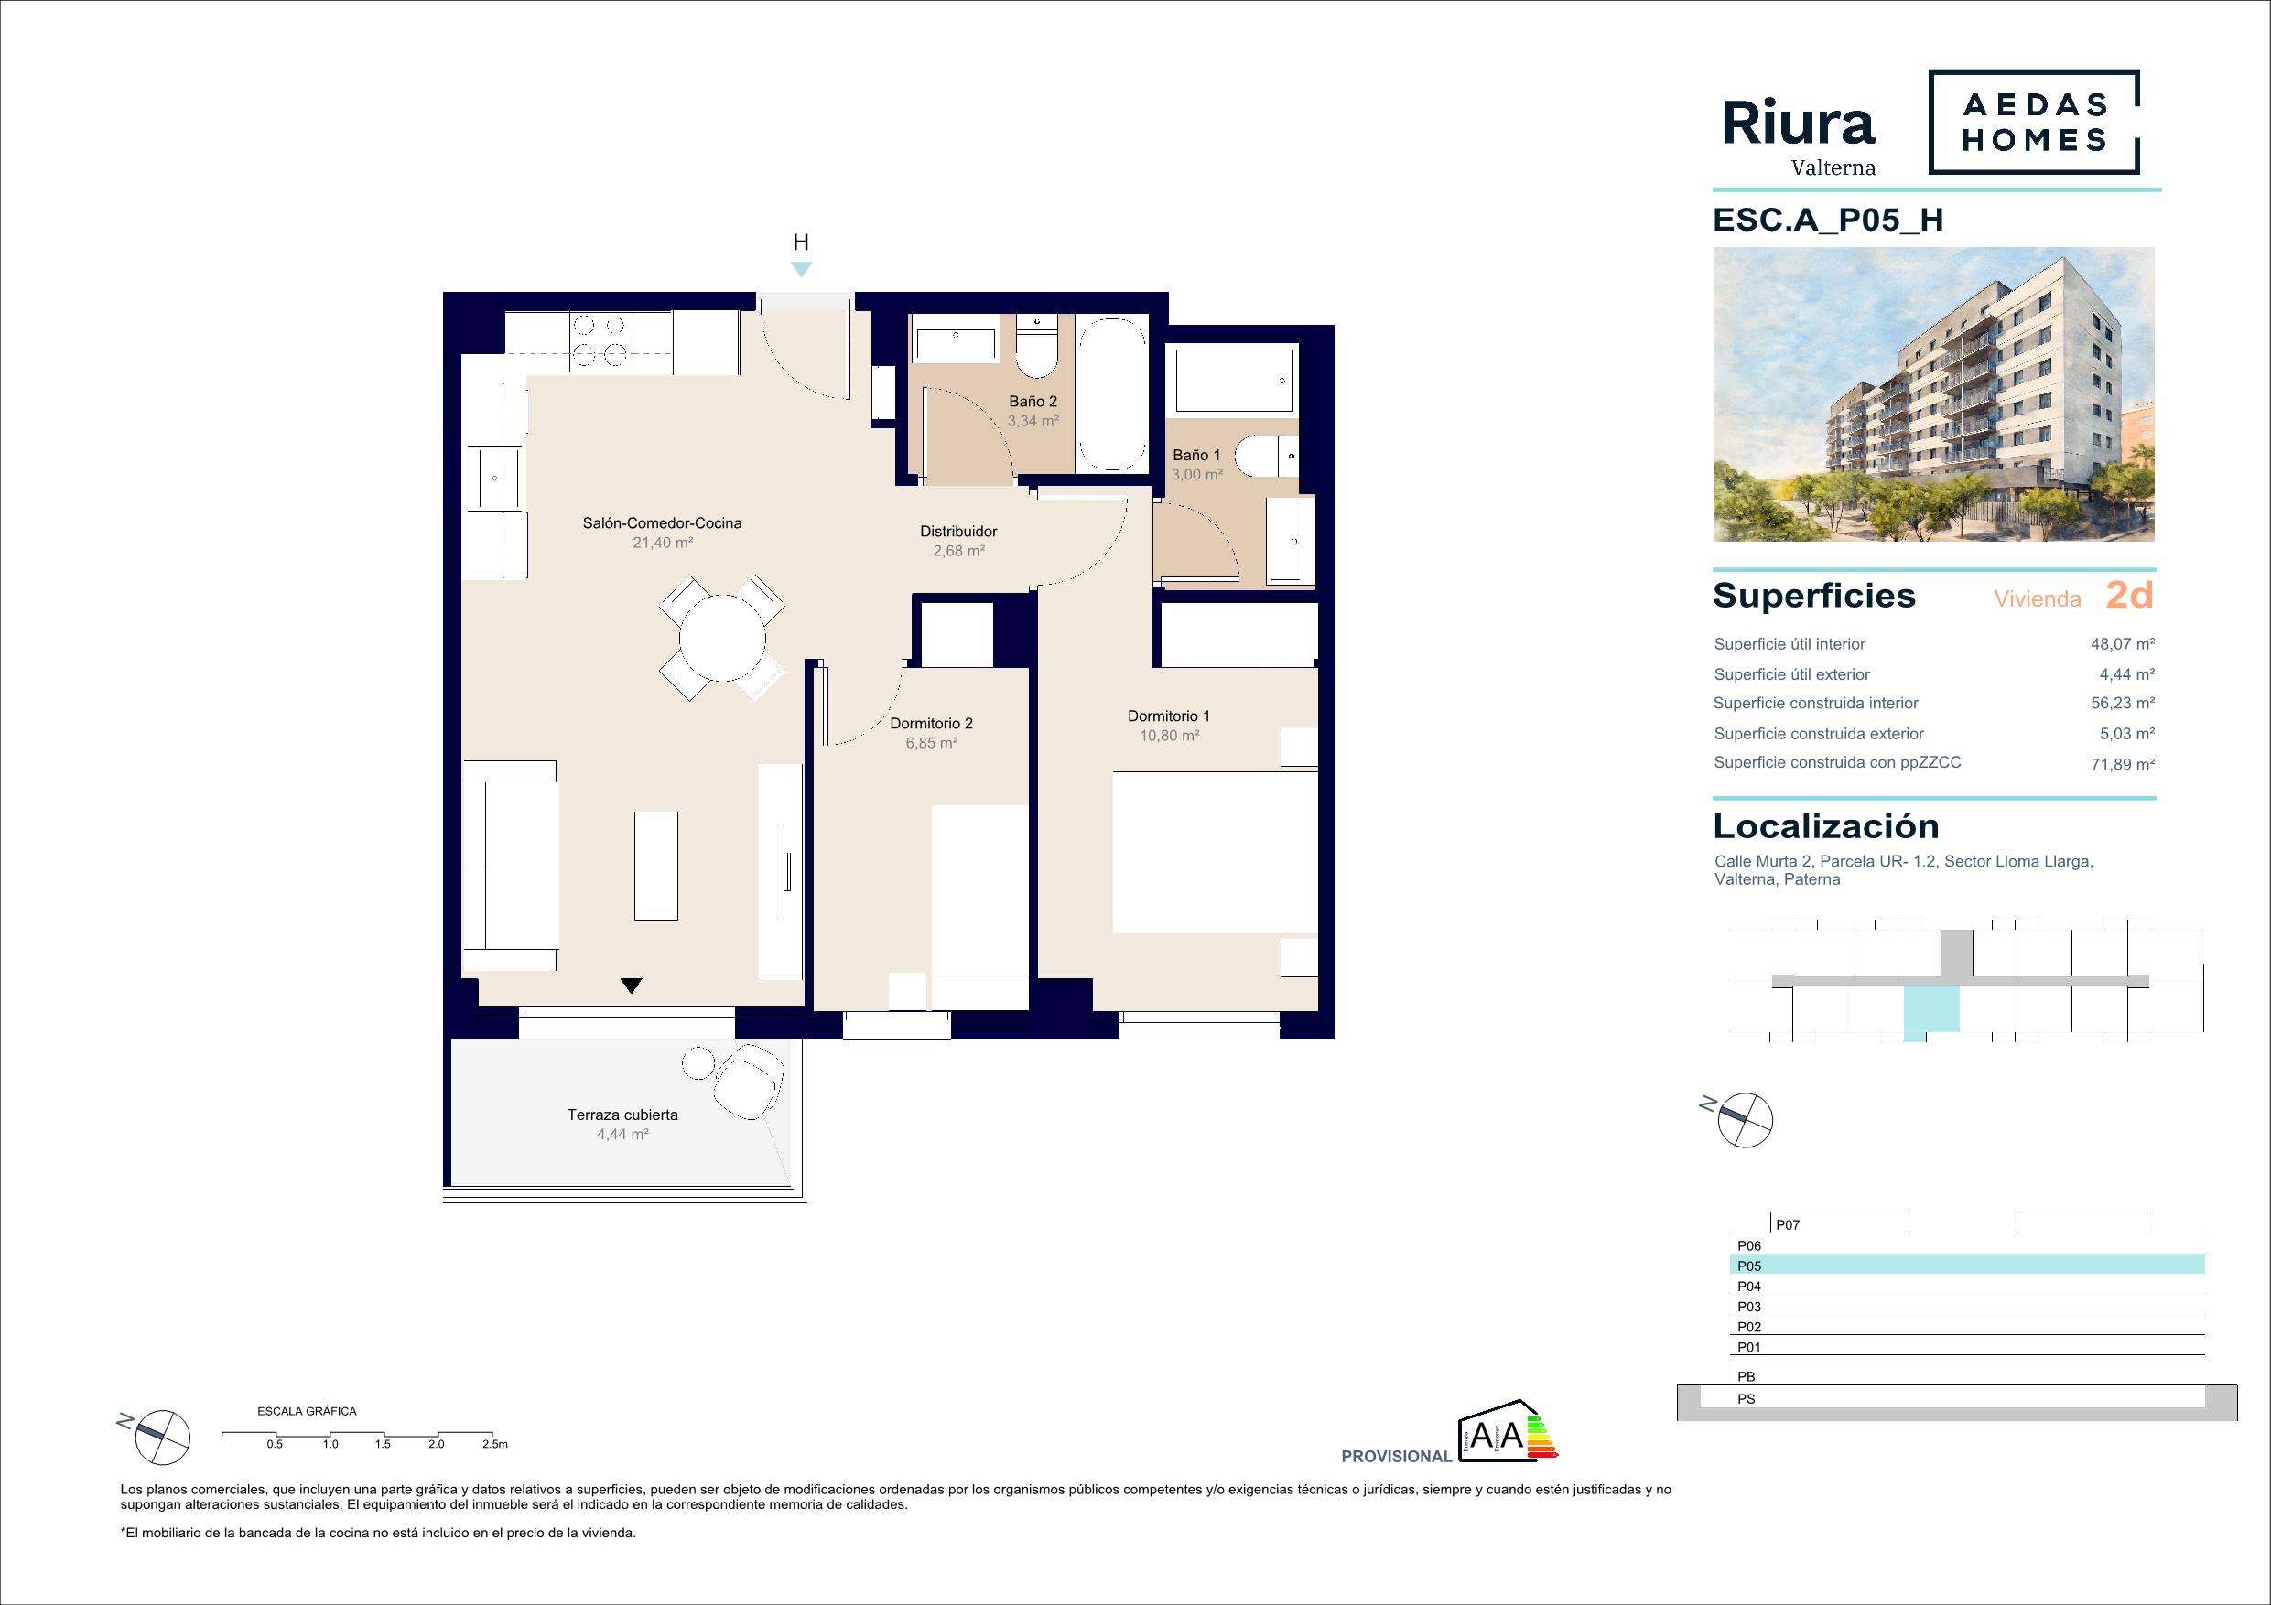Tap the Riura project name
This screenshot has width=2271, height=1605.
pyautogui.click(x=1798, y=124)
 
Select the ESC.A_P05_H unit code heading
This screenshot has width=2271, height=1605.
pyautogui.click(x=1828, y=220)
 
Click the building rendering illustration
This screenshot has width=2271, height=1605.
pyautogui.click(x=1934, y=394)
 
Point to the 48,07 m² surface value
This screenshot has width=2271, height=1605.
pyautogui.click(x=2123, y=644)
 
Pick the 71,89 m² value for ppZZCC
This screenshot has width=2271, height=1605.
pyautogui.click(x=2123, y=763)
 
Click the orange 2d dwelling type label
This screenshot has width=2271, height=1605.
pyautogui.click(x=2129, y=595)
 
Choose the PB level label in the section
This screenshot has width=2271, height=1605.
pyautogui.click(x=1747, y=1376)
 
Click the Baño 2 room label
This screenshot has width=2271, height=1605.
pyautogui.click(x=1033, y=402)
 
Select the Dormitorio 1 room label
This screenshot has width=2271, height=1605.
pyautogui.click(x=1168, y=716)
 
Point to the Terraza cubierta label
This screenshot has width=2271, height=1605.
pyautogui.click(x=622, y=1115)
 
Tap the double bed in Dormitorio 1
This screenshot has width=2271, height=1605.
pyautogui.click(x=1215, y=853)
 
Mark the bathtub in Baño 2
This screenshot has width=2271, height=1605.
pyautogui.click(x=1112, y=393)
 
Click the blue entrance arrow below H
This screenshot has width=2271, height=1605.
pyautogui.click(x=801, y=269)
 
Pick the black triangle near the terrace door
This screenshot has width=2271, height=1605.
pyautogui.click(x=632, y=986)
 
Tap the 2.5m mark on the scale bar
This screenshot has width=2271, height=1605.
pyautogui.click(x=494, y=1444)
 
